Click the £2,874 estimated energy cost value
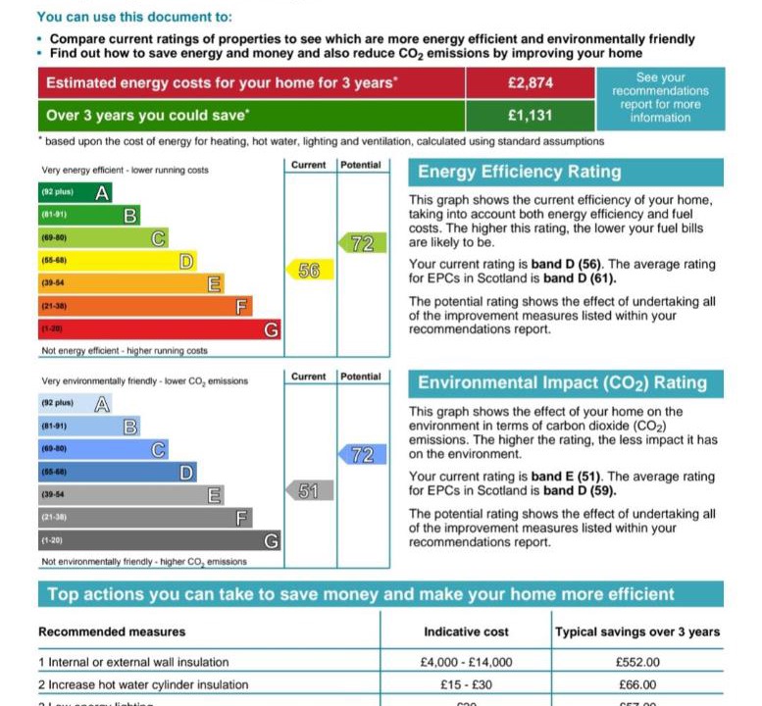point(530,83)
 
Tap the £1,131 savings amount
point(530,115)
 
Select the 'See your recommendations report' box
point(660,98)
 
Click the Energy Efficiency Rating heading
point(519,173)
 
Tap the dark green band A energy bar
point(75,192)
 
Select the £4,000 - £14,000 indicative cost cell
point(466,663)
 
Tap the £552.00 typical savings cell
point(637,663)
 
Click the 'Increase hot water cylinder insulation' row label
point(143,685)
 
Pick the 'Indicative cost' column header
point(466,632)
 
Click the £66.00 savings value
point(637,685)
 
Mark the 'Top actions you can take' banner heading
point(361,594)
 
